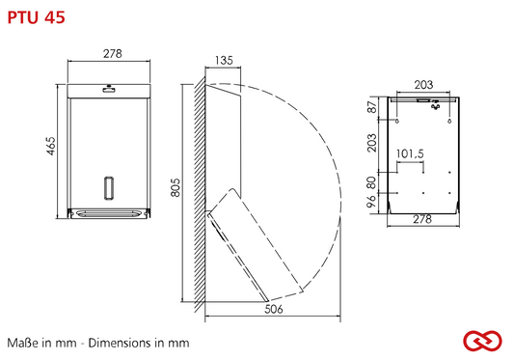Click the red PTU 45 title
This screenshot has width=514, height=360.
pyautogui.click(x=36, y=17)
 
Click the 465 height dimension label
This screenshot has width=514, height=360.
pyautogui.click(x=51, y=146)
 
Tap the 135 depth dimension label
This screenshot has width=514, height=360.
pyautogui.click(x=224, y=61)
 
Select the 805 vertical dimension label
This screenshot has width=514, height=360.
pyautogui.click(x=176, y=187)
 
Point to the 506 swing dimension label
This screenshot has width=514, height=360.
pyautogui.click(x=274, y=309)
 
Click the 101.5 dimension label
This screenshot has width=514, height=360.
pyautogui.click(x=410, y=153)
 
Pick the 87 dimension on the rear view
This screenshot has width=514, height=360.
pyautogui.click(x=372, y=107)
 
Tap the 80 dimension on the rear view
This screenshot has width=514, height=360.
pyautogui.click(x=371, y=182)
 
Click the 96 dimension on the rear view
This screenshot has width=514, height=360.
pyautogui.click(x=371, y=201)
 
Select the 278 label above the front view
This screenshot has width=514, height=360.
pyautogui.click(x=113, y=53)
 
